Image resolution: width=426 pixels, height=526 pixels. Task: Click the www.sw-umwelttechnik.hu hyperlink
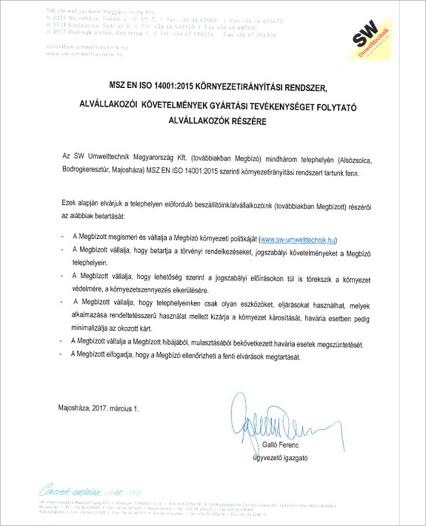point(299,238)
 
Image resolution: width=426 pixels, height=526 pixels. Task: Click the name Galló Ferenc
point(280,446)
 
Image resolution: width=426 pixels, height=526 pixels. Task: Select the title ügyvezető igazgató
point(280,458)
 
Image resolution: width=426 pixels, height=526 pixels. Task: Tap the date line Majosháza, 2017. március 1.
point(98,408)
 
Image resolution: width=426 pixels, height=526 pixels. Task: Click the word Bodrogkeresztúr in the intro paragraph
point(86,175)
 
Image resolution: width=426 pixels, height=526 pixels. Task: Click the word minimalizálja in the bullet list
point(92,325)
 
